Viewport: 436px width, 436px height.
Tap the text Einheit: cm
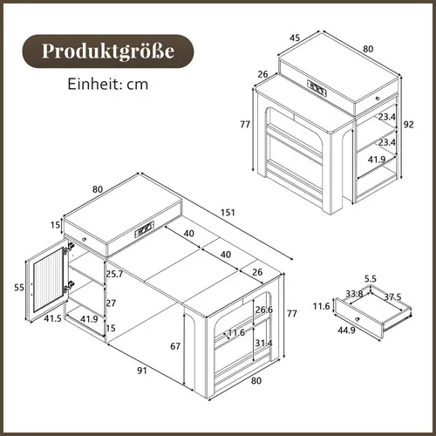point(106,85)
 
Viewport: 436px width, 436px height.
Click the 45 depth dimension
point(296,37)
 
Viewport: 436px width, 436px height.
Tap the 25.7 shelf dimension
point(113,275)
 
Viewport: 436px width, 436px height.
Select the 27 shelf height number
point(111,303)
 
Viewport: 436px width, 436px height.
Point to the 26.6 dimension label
point(263,310)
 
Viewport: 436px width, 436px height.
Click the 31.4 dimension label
point(263,343)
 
